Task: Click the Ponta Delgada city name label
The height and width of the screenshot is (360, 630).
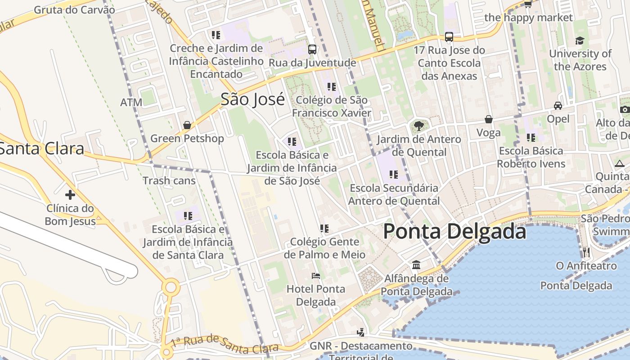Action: (x=454, y=232)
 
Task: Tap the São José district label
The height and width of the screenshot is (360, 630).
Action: (x=252, y=99)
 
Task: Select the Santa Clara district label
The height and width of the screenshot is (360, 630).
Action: (x=41, y=148)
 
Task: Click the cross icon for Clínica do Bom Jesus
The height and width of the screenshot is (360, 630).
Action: (x=70, y=195)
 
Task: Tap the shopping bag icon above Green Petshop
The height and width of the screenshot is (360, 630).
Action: (x=187, y=125)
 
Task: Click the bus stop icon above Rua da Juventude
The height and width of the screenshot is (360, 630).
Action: (x=312, y=49)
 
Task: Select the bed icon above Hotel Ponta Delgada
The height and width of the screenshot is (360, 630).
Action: (x=316, y=275)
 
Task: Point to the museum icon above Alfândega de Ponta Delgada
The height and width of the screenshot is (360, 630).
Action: (x=416, y=265)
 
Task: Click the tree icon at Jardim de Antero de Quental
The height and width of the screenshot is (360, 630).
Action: (x=419, y=126)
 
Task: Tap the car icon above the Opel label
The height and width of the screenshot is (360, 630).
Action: (x=558, y=106)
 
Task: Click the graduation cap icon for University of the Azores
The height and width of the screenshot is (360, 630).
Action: (x=580, y=40)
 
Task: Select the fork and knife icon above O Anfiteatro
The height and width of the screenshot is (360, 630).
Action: (x=586, y=252)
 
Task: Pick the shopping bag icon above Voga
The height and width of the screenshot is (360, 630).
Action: (x=488, y=119)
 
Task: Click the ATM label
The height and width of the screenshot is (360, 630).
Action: (x=131, y=103)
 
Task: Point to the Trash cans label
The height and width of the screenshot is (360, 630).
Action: (x=169, y=181)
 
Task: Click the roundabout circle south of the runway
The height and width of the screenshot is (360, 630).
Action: (x=171, y=287)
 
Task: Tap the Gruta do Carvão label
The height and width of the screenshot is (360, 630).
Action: (x=74, y=9)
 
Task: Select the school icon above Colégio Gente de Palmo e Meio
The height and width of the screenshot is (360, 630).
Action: (x=324, y=229)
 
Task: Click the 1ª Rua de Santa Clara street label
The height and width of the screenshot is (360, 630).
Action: (x=225, y=344)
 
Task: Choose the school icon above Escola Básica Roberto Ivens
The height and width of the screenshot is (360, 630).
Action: (x=531, y=138)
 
